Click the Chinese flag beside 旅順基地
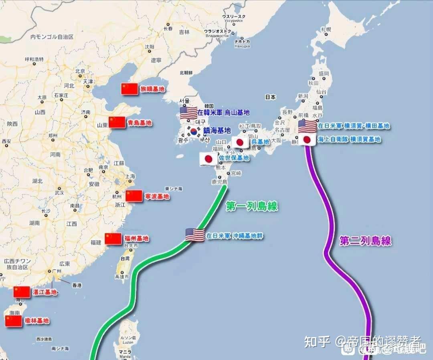[x=129, y=89]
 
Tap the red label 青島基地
[x=139, y=123]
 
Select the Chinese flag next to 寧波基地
[x=134, y=196]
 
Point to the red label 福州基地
[x=136, y=239]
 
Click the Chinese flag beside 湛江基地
[x=22, y=292]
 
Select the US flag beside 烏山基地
[x=188, y=113]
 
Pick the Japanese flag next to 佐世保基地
[x=208, y=159]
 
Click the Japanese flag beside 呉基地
[x=240, y=142]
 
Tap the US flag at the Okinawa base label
[x=195, y=235]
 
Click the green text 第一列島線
[x=252, y=206]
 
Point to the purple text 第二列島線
[x=365, y=241]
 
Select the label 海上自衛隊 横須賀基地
[x=349, y=140]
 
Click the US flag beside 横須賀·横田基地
[x=308, y=126]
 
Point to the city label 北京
[x=80, y=71]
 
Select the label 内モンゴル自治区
[x=52, y=37]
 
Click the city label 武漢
[x=59, y=192]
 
